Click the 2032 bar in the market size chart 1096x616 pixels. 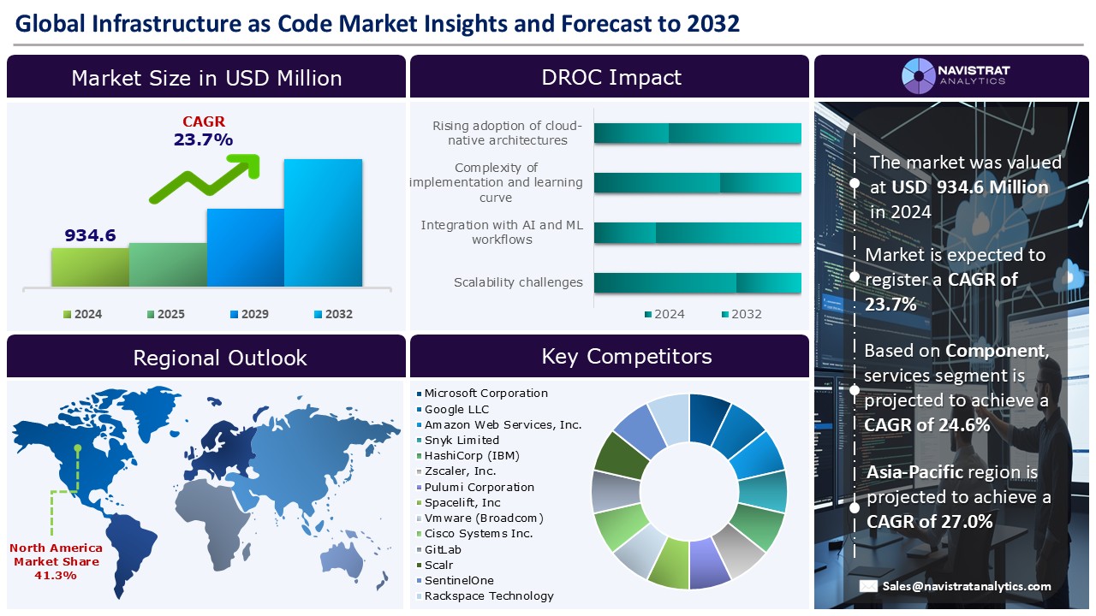pos(323,222)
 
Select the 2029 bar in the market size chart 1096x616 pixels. pos(245,247)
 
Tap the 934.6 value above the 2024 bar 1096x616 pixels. pos(90,235)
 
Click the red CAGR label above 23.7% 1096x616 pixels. pos(204,122)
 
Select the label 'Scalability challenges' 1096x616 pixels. pos(518,282)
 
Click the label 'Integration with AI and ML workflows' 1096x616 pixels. pos(502,233)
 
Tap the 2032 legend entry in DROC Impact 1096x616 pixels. pos(741,314)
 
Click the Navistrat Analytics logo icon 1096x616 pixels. pos(919,76)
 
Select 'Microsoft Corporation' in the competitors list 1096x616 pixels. pos(485,394)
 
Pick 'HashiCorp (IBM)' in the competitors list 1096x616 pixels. pos(472,455)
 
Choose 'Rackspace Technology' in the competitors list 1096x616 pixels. pos(489,595)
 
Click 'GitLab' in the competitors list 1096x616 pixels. pos(443,549)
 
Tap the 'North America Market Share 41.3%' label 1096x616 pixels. pos(56,561)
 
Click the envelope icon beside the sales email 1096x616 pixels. pos(868,586)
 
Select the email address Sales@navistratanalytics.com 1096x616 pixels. pos(968,586)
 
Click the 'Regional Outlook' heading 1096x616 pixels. pos(220,358)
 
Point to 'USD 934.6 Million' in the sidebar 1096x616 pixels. pos(969,187)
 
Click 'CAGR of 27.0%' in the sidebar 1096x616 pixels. pos(929,521)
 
